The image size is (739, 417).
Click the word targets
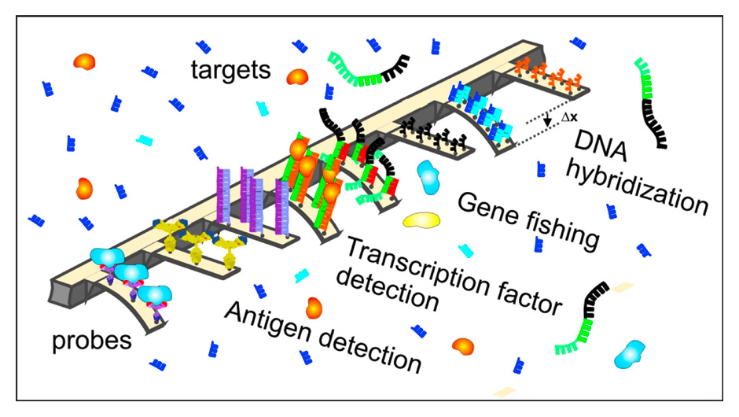tap(231, 70)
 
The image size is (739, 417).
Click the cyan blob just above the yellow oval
tap(429, 178)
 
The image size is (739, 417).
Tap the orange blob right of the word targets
tap(297, 76)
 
